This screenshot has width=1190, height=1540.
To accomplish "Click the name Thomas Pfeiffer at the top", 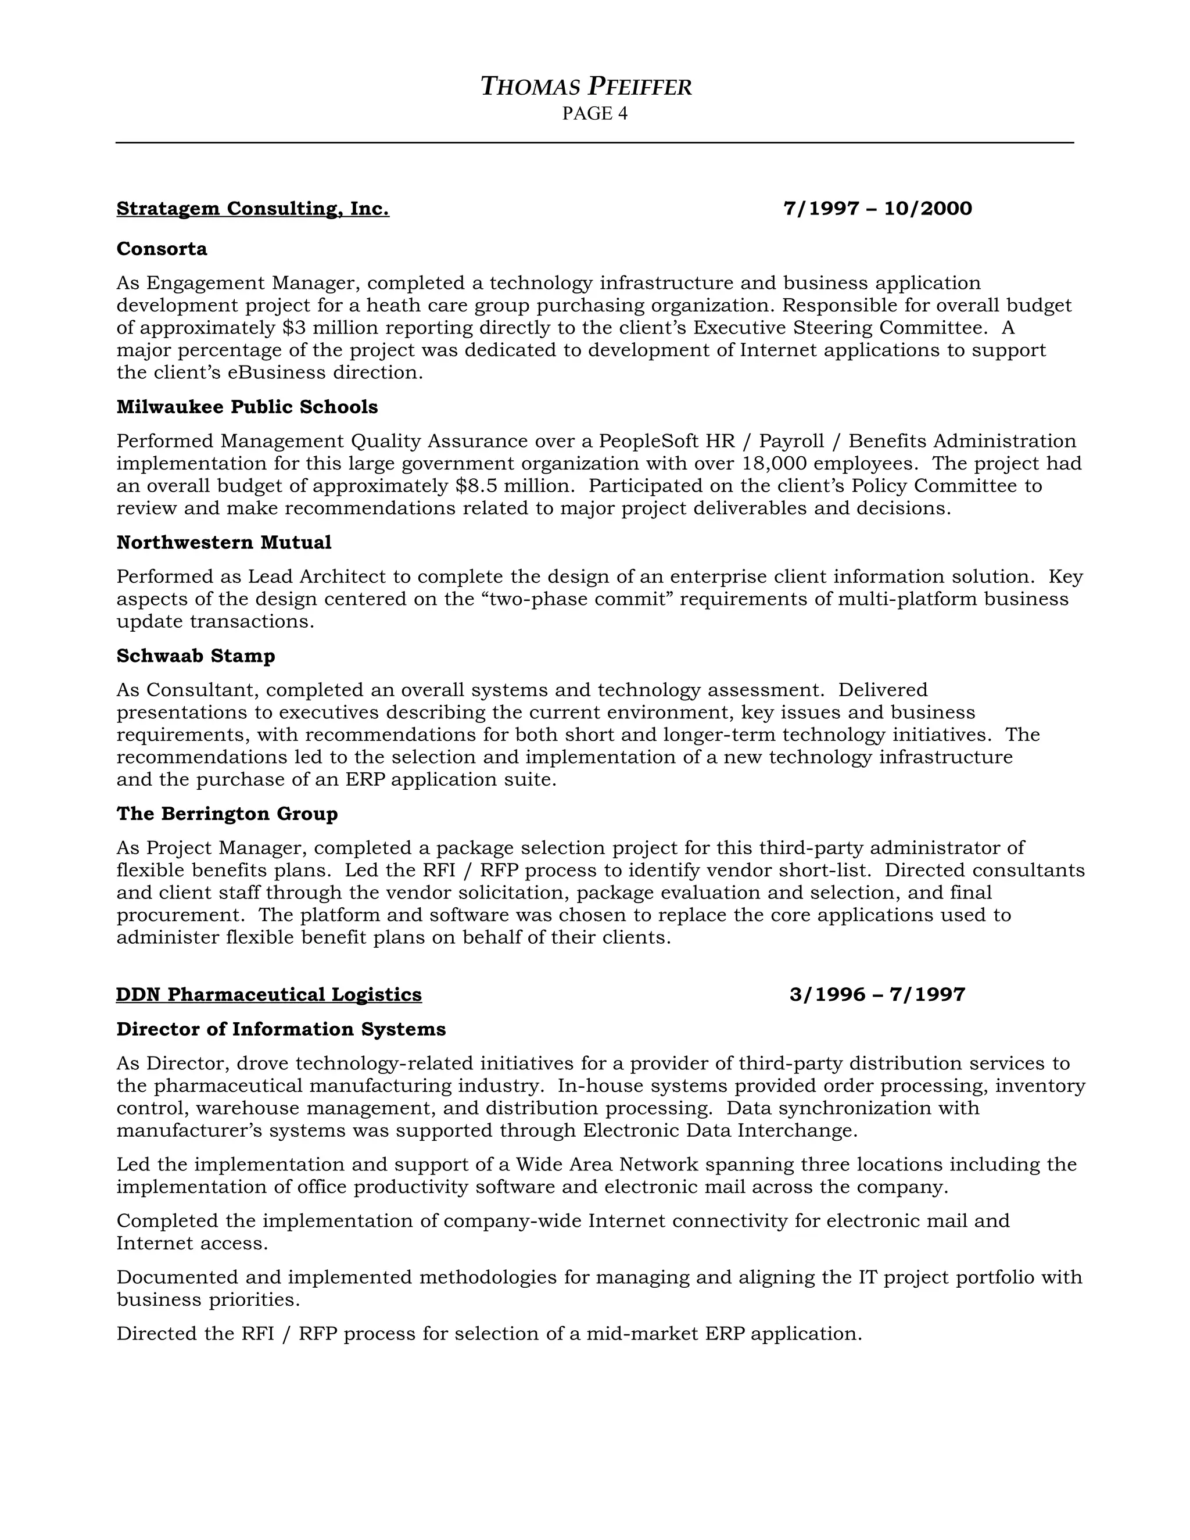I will [586, 87].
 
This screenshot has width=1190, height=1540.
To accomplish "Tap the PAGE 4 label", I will [594, 113].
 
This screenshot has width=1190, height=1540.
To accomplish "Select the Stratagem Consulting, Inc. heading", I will [252, 209].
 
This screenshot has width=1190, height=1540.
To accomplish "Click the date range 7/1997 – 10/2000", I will [878, 209].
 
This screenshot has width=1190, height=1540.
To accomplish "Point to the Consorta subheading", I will [162, 249].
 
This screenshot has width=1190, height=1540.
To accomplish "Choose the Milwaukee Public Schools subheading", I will [247, 407].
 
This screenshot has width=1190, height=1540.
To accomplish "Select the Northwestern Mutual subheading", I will [224, 542].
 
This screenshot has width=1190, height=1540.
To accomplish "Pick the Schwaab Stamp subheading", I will [195, 656].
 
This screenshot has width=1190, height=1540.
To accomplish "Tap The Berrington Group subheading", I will [227, 814].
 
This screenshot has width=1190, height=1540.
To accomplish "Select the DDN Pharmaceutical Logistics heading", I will [268, 994].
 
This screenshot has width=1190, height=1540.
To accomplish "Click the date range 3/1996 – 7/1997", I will [877, 994].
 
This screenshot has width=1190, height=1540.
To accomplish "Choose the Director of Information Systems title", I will [281, 1030].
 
